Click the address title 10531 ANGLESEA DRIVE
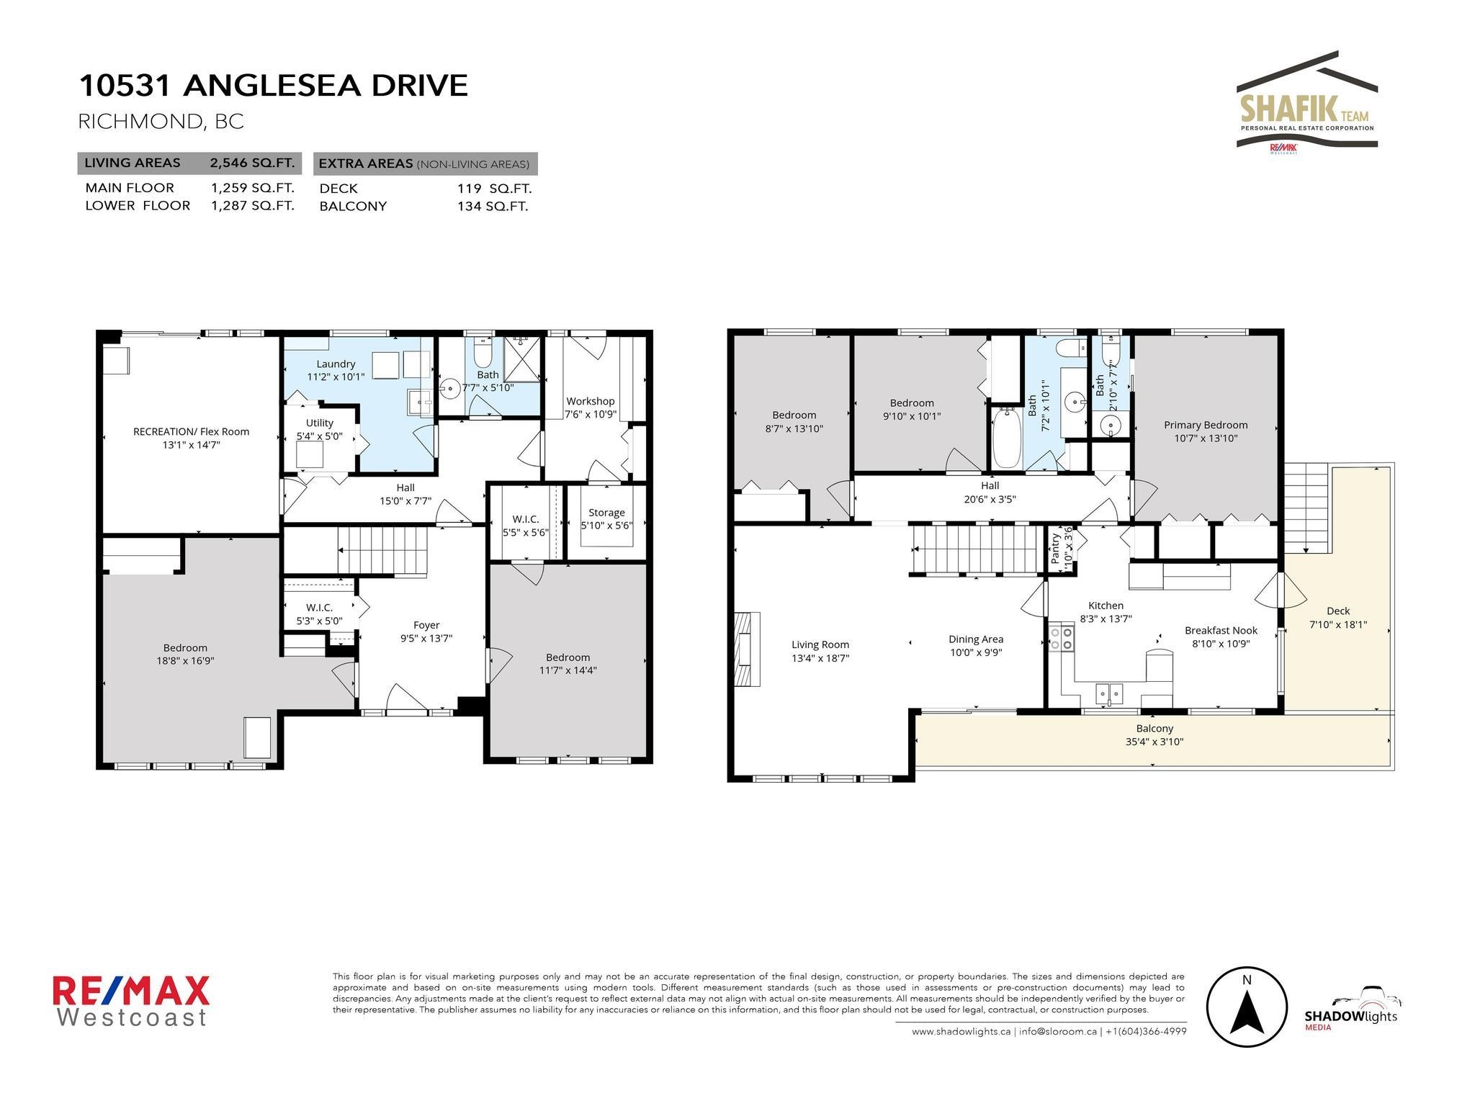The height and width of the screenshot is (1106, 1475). (x=273, y=85)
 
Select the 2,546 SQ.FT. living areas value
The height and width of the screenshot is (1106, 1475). (x=252, y=163)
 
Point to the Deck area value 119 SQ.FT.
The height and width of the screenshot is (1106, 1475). (x=494, y=189)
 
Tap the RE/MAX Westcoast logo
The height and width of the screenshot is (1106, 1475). (x=131, y=1001)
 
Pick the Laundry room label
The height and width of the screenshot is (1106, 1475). (x=336, y=364)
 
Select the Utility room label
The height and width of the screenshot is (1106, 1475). (x=320, y=423)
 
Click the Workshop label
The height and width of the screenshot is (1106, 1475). (x=591, y=401)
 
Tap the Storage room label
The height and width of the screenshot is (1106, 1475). (x=606, y=513)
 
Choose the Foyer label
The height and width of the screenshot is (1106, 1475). (x=426, y=625)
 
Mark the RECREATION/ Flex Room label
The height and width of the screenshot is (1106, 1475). (x=192, y=432)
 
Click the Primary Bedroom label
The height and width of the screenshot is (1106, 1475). (x=1206, y=425)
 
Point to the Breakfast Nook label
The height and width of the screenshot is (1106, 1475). (x=1221, y=630)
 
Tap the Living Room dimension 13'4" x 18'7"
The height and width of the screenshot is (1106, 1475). (x=820, y=657)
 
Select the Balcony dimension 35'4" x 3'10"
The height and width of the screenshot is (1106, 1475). (x=1155, y=742)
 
